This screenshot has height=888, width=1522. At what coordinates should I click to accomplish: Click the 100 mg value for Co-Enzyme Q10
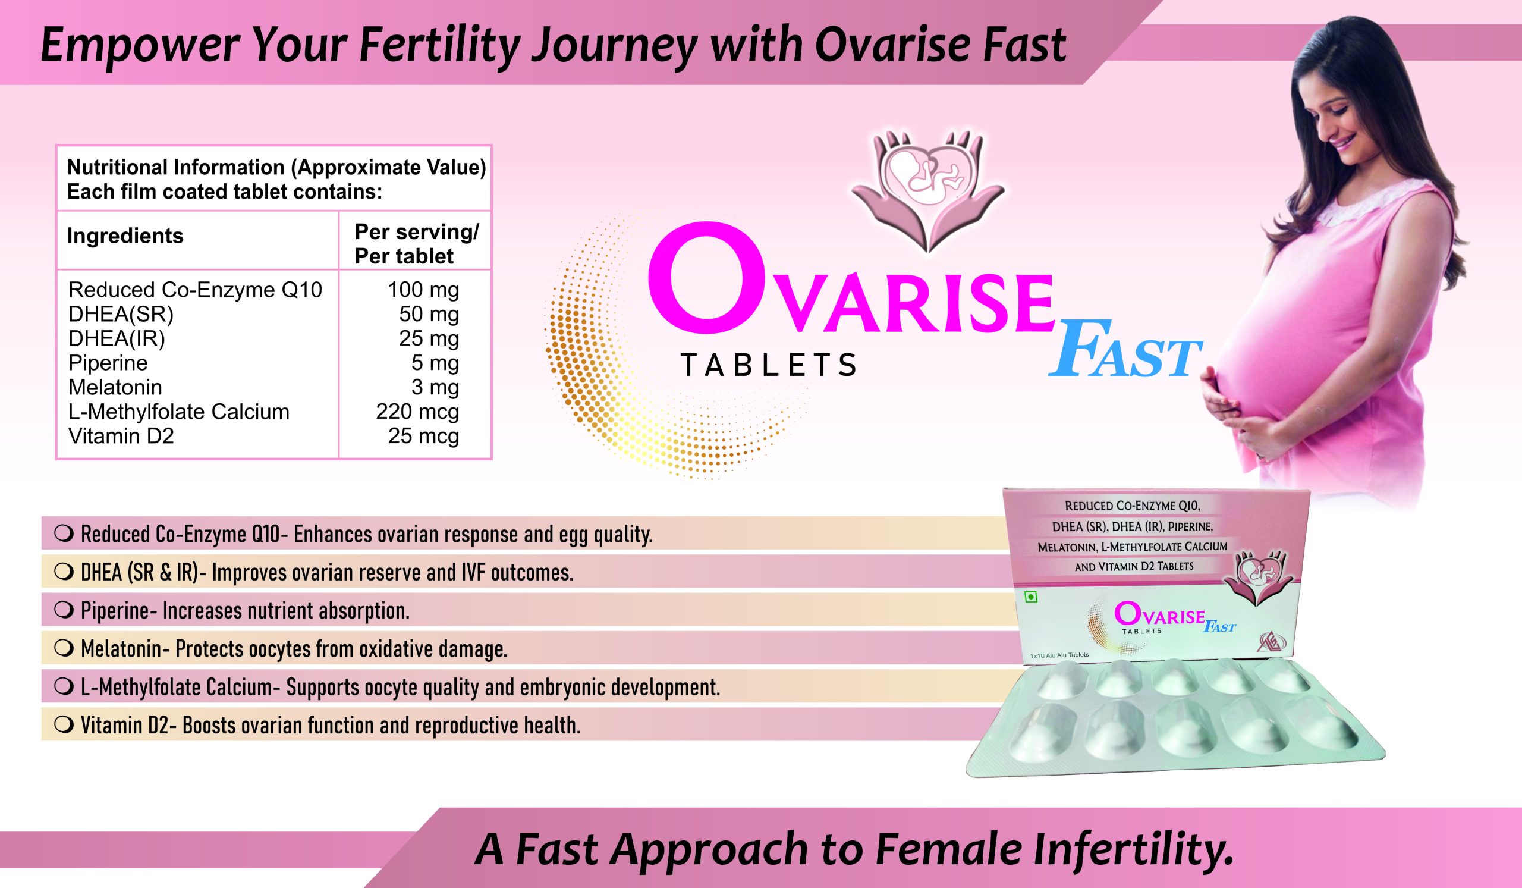[423, 290]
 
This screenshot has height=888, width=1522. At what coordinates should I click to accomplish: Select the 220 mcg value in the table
[417, 412]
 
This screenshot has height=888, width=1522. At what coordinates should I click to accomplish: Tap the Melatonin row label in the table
[115, 387]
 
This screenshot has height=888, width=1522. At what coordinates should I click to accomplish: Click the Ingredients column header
[125, 236]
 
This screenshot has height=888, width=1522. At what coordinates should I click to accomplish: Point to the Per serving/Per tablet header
[417, 244]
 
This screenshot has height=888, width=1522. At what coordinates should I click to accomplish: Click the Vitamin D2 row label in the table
[121, 436]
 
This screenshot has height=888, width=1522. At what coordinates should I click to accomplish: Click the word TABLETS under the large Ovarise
[768, 365]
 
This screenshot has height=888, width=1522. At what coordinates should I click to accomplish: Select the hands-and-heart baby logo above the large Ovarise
[929, 190]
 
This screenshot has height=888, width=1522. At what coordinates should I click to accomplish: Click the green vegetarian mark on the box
[1031, 596]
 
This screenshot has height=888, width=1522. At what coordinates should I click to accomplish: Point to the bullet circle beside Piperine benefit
[64, 611]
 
